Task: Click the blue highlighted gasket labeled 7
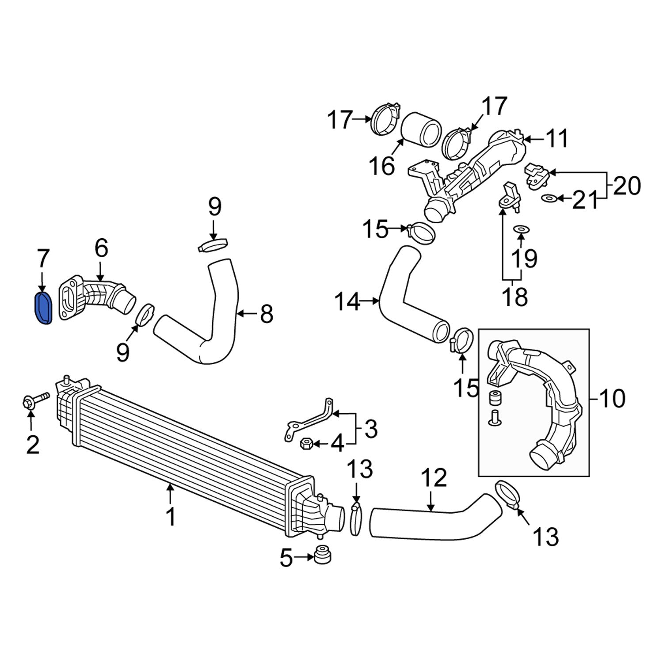(43, 308)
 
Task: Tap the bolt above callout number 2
(35, 399)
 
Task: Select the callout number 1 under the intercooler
(171, 516)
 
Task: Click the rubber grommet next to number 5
(323, 555)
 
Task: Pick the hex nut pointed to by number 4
(306, 443)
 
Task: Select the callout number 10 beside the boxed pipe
(613, 398)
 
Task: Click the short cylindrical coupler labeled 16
(422, 131)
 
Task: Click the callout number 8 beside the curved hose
(267, 314)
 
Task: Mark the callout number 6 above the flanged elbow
(101, 249)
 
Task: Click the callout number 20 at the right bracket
(627, 186)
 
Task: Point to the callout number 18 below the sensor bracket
(515, 297)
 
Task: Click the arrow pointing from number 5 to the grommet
(305, 558)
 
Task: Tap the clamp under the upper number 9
(213, 244)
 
